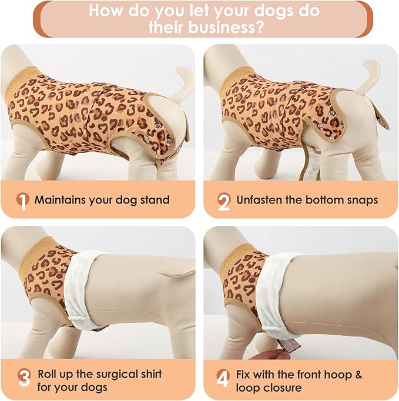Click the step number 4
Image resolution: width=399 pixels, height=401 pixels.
click(x=223, y=380)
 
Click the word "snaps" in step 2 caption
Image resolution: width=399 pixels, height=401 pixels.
click(x=362, y=200)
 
